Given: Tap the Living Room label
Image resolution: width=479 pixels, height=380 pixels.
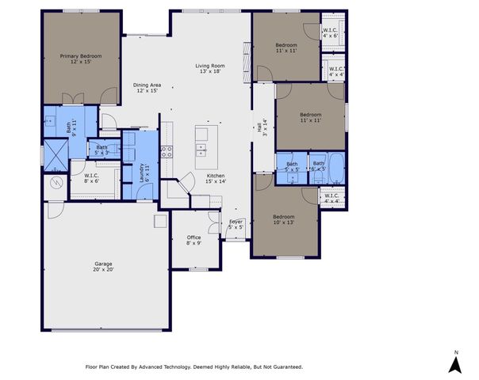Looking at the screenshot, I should click(211, 69).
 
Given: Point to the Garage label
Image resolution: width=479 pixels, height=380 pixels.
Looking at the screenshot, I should click(104, 266).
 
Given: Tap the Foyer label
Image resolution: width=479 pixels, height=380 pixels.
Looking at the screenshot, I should click(236, 225).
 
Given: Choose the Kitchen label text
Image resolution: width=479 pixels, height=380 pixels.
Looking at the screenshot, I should click(217, 178).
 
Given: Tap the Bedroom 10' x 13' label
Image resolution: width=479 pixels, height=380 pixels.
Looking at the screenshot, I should click(284, 219).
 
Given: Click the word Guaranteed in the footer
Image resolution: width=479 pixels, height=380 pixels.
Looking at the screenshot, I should click(285, 367).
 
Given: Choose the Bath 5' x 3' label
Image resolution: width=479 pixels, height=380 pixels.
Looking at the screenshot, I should click(102, 149).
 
